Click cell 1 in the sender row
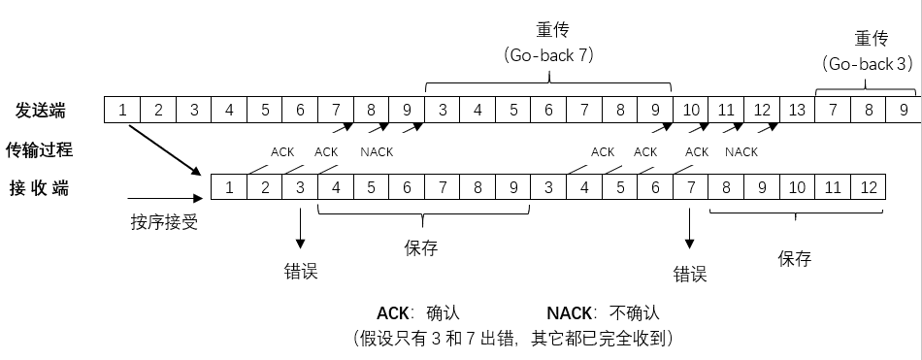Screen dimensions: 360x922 pyautogui.click(x=123, y=110)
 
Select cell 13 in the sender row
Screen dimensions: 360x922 pyautogui.click(x=797, y=110)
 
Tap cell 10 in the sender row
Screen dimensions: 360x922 pyautogui.click(x=690, y=110)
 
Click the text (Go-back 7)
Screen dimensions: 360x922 pyautogui.click(x=549, y=55)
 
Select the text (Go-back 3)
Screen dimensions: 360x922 pyautogui.click(x=869, y=64)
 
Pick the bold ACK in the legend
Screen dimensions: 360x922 pyautogui.click(x=393, y=313)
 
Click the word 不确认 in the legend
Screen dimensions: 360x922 pyautogui.click(x=635, y=313)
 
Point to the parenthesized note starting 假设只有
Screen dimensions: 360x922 pyautogui.click(x=513, y=339)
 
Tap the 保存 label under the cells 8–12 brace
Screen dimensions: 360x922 pyautogui.click(x=795, y=259)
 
